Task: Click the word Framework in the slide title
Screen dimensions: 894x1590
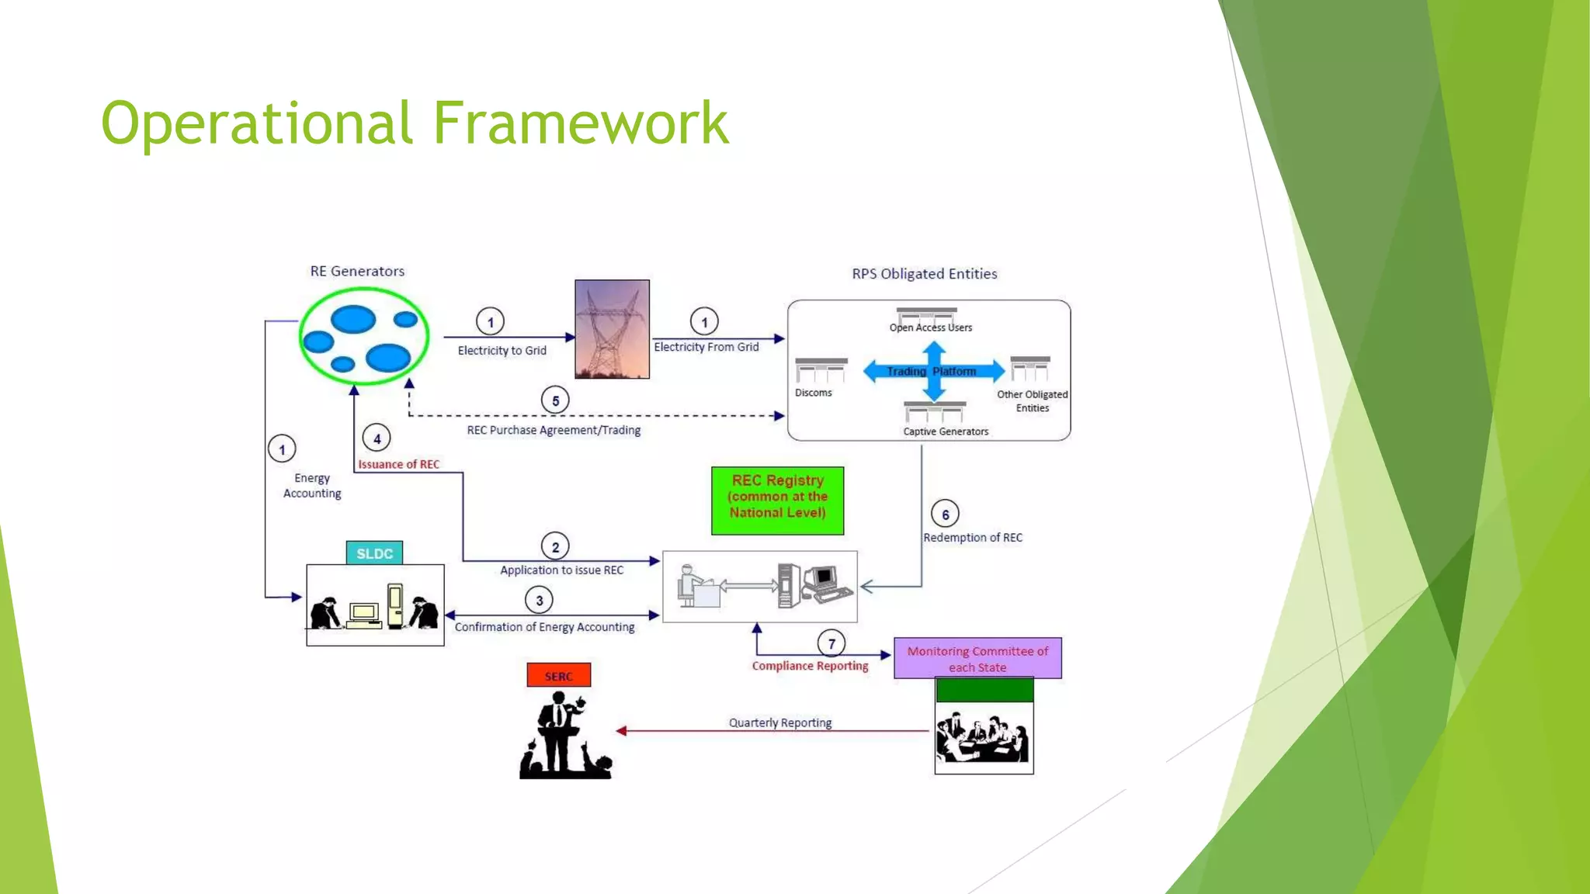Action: [580, 123]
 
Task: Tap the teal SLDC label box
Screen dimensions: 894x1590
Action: [374, 553]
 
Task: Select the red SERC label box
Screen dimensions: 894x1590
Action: [558, 675]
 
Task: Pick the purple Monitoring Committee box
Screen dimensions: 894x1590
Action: [977, 658]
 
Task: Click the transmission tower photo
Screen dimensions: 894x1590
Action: [612, 329]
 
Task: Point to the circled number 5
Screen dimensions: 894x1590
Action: [555, 400]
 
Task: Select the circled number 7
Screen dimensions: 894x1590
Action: [831, 643]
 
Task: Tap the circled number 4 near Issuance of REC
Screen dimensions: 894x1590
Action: [377, 438]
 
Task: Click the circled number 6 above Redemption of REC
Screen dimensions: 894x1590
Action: [945, 514]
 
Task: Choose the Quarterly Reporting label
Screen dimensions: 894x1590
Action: [779, 722]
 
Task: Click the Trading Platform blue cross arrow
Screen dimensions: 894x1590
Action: [933, 371]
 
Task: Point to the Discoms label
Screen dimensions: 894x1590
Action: [813, 393]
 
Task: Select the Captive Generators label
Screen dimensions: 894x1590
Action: [946, 431]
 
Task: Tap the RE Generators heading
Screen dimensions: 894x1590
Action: [357, 271]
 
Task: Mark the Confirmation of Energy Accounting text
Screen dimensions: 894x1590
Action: [544, 627]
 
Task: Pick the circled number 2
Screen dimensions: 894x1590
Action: [555, 546]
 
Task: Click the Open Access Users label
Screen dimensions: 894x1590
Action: [930, 327]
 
